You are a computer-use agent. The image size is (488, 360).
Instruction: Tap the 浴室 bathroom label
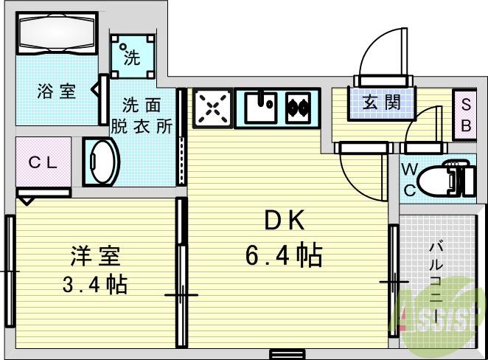coord(57,92)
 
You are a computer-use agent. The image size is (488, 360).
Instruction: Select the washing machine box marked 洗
coord(133,56)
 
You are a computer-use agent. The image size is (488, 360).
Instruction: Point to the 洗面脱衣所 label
coord(142,115)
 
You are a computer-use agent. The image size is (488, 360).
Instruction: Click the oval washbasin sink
coord(102,162)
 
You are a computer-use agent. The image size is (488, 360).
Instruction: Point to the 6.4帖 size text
coord(282,255)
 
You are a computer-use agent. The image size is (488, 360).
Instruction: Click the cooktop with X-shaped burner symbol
coord(213,108)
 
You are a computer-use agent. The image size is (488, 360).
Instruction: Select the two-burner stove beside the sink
coord(301,108)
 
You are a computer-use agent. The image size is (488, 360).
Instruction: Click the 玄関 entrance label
coord(381,102)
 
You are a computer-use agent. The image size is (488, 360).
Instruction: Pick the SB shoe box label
coord(467,115)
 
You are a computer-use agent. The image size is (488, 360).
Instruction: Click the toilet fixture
coord(450,177)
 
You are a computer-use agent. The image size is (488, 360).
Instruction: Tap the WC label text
coord(410,179)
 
